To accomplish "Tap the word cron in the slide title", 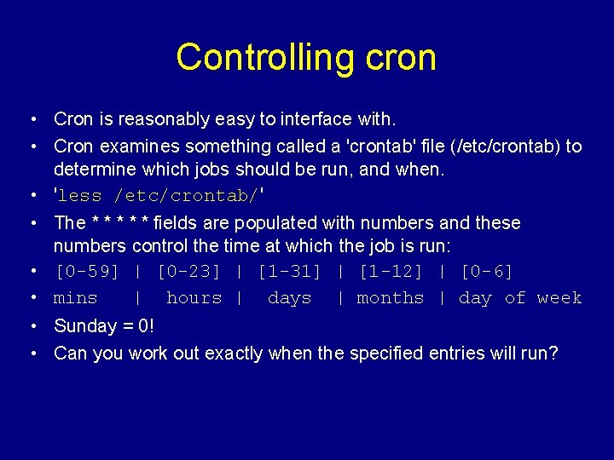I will coord(400,57).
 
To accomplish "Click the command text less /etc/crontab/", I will coord(159,196).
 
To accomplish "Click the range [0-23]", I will coord(188,272).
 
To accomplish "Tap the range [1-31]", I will coord(289,272).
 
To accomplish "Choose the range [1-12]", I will coord(390,272).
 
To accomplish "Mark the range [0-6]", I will coord(486,272).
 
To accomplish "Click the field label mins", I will coord(75,298).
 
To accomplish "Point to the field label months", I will coord(390,298).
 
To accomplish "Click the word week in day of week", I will coord(559,298).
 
